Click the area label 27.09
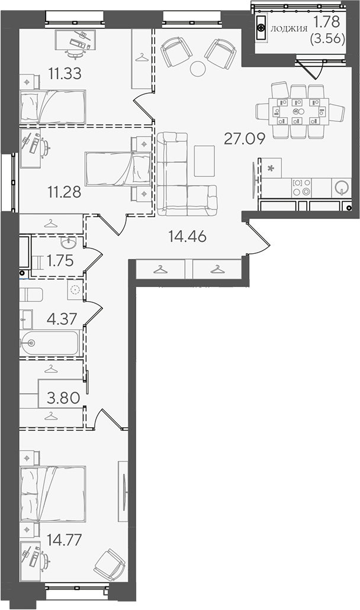tap(245, 138)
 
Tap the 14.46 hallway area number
tap(187, 235)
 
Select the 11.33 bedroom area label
tap(65, 73)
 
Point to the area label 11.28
tap(65, 192)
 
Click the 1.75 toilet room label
tap(60, 261)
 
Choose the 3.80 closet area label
tap(63, 398)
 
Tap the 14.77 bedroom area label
tap(64, 540)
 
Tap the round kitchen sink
tap(341, 188)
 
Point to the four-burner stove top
tap(301, 187)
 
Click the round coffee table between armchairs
tap(198, 69)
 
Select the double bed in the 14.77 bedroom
tap(53, 494)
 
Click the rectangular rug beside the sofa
tap(204, 160)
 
